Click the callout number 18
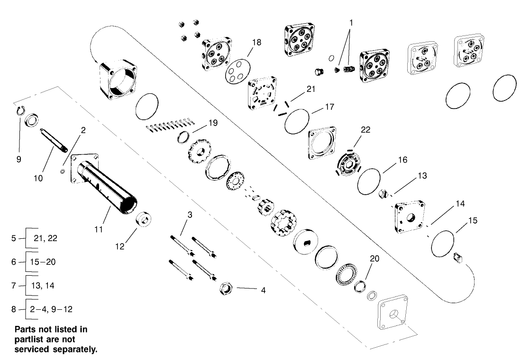(256, 43)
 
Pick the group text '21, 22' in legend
(46, 238)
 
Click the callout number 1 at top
(351, 22)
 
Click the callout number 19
(212, 123)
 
